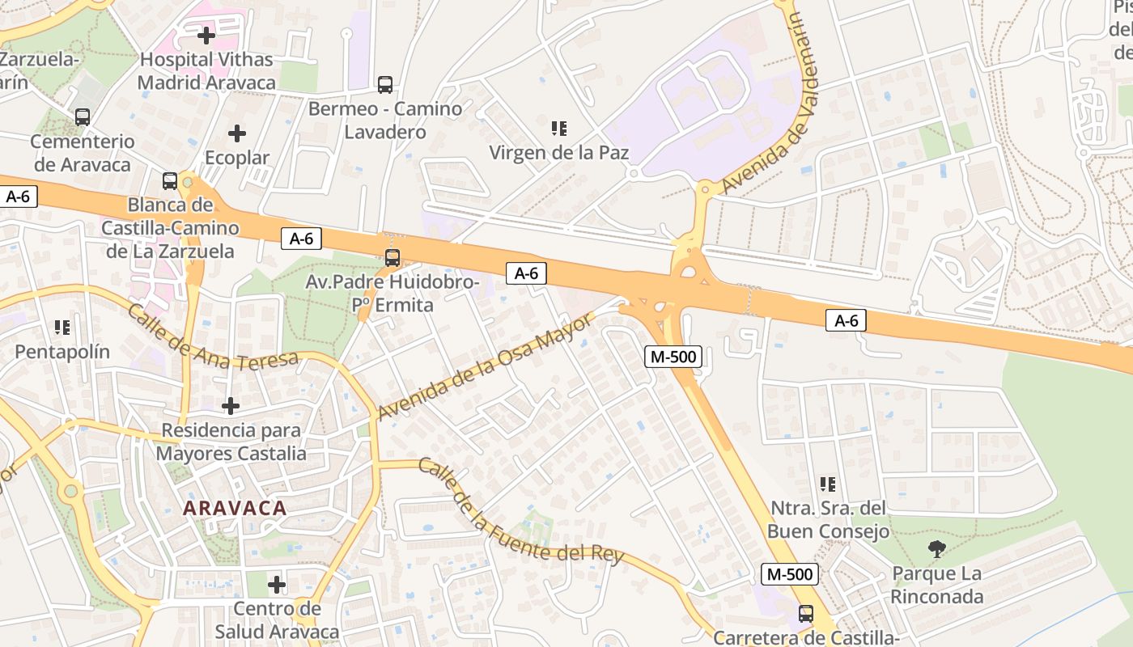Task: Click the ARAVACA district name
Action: point(235,508)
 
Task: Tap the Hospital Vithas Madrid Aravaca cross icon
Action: point(206,36)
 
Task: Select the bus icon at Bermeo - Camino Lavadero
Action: point(385,84)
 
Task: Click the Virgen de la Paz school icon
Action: point(558,128)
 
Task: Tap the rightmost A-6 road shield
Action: point(846,321)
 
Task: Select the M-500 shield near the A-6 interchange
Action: point(673,356)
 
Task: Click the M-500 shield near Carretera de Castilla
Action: point(790,574)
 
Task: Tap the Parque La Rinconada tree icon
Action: point(937,550)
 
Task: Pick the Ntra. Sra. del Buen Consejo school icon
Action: point(827,484)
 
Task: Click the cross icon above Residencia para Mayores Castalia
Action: point(231,405)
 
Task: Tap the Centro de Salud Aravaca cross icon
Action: point(277,584)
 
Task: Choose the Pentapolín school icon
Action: point(62,328)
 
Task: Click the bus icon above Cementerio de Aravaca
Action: point(83,117)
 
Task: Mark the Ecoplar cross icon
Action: point(237,133)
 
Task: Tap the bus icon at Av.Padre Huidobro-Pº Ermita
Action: point(393,258)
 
